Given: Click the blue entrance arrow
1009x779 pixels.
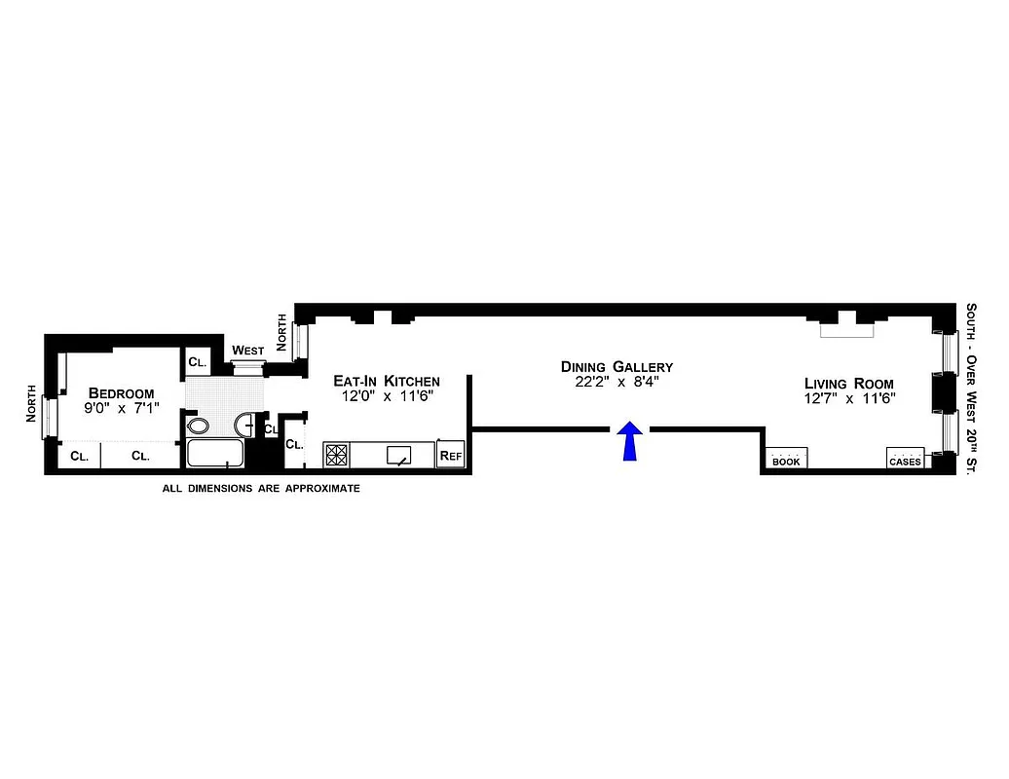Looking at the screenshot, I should (631, 440).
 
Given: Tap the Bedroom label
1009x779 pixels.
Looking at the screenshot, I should (121, 393).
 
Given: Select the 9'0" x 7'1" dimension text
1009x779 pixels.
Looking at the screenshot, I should (121, 409).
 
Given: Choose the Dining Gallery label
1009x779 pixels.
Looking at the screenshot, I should (617, 366).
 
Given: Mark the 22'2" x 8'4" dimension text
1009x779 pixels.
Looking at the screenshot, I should (617, 382).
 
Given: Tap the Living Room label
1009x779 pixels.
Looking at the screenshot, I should (848, 383).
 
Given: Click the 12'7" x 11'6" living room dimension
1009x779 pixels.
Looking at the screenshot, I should (848, 398).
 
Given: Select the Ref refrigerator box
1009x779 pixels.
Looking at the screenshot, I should (450, 455).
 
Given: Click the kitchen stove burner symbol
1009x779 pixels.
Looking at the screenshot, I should (336, 455).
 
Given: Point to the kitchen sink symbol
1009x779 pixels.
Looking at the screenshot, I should (399, 455).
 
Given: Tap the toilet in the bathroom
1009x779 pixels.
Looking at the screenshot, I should (198, 426).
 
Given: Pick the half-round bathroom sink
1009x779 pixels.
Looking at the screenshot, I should (244, 425).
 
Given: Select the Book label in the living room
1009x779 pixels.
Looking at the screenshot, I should (786, 461).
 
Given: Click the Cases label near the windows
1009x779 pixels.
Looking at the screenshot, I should (904, 461).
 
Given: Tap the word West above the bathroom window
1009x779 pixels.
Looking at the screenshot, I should (247, 351).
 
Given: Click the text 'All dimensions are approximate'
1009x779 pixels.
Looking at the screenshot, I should (260, 488).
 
